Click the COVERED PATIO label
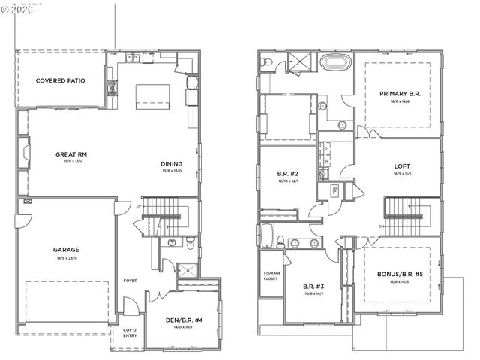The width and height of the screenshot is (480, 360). pos(61,79)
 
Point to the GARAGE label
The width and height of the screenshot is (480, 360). pos(66,250)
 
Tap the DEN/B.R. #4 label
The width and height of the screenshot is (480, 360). pos(181,320)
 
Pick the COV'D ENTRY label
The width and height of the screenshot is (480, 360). pos(121,334)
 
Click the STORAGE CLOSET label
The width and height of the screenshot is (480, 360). pos(271,275)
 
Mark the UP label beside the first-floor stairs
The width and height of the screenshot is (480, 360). pos(139,206)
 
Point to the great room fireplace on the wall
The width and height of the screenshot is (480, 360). pos(25,155)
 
